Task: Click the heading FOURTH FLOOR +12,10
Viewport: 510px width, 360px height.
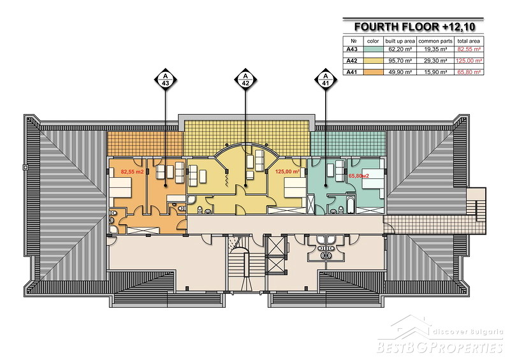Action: coord(415,27)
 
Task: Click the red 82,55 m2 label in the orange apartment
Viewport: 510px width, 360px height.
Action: coord(132,171)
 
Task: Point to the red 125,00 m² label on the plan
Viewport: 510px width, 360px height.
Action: coord(288,171)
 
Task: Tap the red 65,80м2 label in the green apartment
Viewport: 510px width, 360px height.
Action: coord(358,176)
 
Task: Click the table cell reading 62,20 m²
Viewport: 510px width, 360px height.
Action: coord(400,50)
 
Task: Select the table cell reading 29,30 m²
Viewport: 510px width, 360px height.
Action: coord(435,61)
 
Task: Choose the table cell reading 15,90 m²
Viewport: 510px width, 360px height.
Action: coord(435,72)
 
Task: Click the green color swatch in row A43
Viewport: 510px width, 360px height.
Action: coord(373,50)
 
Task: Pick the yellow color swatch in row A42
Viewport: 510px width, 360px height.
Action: coord(373,61)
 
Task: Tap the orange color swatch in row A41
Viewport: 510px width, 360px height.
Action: coord(373,72)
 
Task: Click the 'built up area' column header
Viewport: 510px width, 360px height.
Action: coord(400,41)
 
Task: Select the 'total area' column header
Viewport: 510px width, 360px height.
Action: coord(469,41)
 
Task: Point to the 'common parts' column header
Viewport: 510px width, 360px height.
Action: coord(435,41)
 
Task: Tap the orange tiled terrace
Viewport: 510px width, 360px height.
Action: coord(145,143)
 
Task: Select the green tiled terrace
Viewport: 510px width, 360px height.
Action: coord(348,144)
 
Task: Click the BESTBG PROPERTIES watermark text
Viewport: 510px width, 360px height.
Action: coord(440,347)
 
